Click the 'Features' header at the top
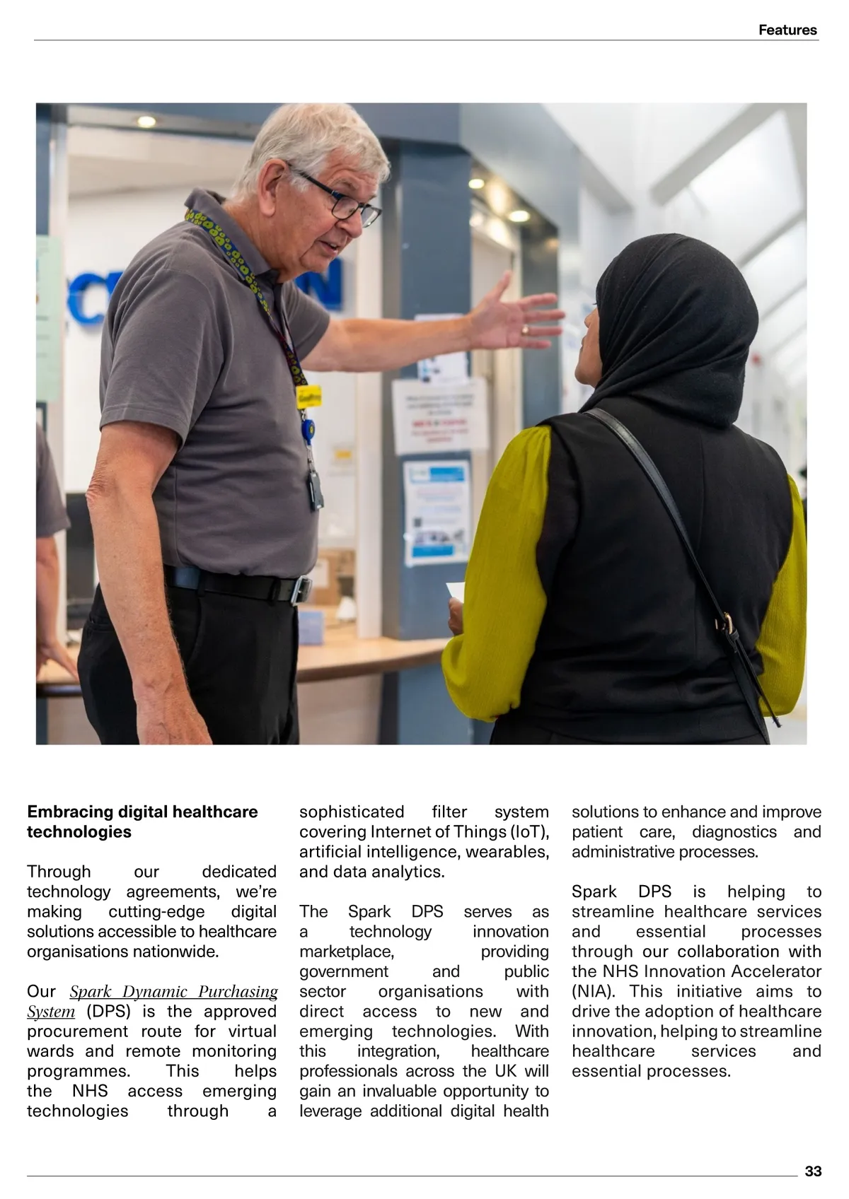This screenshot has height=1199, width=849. tap(787, 30)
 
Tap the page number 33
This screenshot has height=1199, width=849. tap(813, 1171)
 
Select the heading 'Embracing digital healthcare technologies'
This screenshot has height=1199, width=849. tap(142, 821)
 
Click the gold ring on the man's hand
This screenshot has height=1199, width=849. tap(524, 329)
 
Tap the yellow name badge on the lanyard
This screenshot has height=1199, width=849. tap(308, 397)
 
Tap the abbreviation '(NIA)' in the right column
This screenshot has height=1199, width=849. tap(594, 992)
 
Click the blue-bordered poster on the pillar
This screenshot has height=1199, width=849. tap(436, 511)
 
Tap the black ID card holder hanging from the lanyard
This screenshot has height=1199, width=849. tap(316, 488)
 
